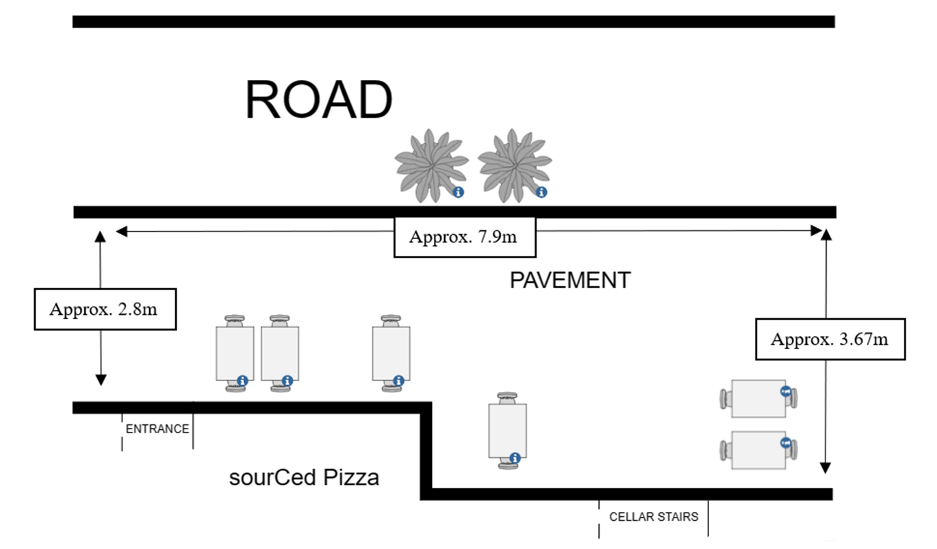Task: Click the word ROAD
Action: point(319,100)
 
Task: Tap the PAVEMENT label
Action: point(570,280)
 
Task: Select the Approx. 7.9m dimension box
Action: point(465,238)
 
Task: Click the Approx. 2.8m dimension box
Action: point(105,309)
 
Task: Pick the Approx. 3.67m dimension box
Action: point(830,339)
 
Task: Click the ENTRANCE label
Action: point(157,429)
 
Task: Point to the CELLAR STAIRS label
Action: point(654,516)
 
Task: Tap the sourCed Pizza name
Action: point(304,477)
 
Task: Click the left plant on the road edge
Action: point(431,166)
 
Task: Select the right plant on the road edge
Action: point(514,166)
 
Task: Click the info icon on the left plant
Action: point(459,192)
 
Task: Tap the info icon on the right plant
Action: point(541,192)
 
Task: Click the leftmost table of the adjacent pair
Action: point(235,353)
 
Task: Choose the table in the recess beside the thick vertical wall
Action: point(507,431)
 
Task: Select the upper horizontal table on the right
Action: point(758,398)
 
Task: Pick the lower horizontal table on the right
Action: point(758,450)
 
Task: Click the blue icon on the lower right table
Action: point(785,443)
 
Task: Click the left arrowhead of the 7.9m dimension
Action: point(121,231)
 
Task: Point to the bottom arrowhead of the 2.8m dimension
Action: point(101,380)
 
